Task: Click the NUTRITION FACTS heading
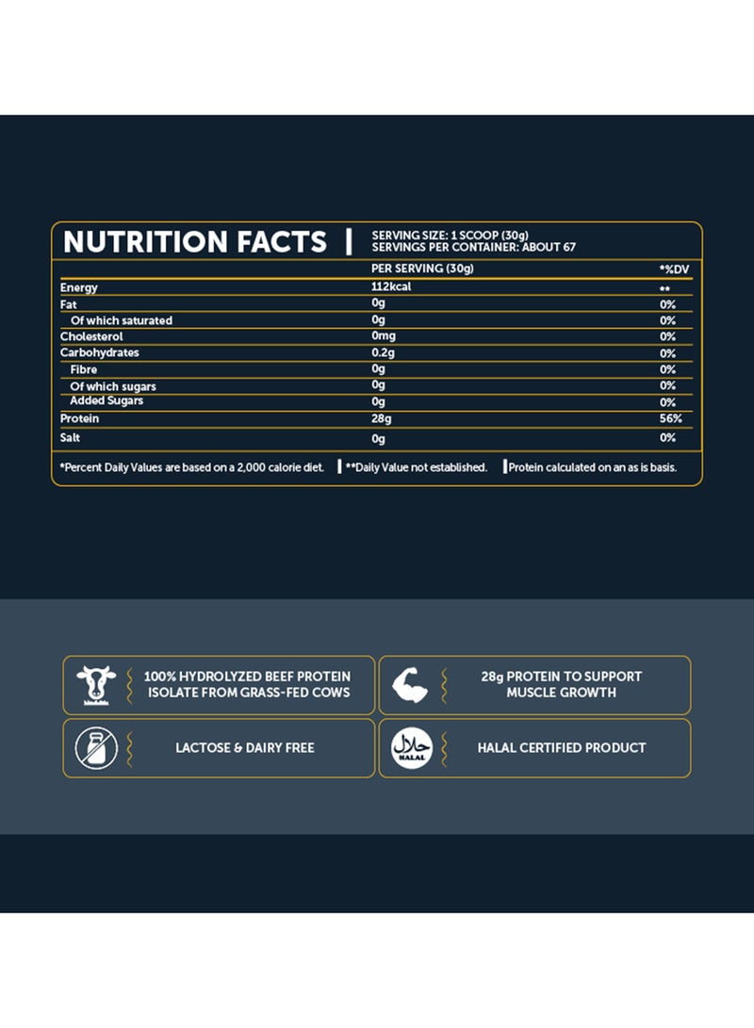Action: [194, 242]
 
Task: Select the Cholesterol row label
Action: [91, 336]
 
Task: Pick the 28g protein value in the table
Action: [382, 418]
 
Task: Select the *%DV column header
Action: [675, 269]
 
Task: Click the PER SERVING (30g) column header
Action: [422, 269]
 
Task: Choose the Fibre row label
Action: [84, 369]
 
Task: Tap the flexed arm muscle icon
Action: [409, 684]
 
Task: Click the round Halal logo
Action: [409, 747]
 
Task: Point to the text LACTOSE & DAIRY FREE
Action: [245, 747]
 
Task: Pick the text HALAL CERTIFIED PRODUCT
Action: [562, 747]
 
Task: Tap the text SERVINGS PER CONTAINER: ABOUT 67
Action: [473, 248]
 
